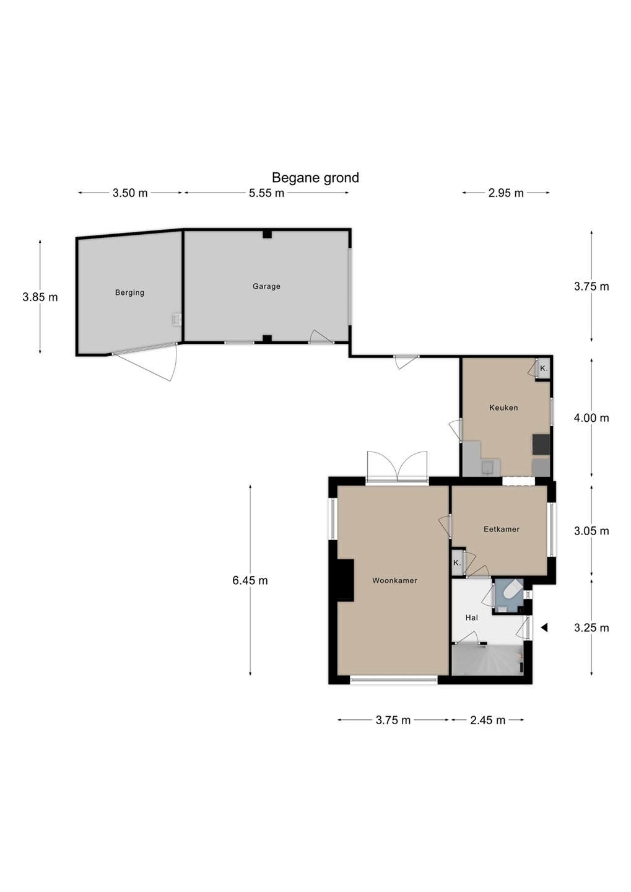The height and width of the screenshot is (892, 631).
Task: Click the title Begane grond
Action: point(315,178)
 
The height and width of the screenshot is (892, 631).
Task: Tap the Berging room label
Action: point(129,292)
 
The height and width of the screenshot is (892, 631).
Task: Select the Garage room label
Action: point(266,286)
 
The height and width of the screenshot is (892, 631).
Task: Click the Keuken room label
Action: point(503,408)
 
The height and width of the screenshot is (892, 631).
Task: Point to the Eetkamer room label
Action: point(502,529)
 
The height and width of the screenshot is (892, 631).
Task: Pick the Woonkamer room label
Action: point(394,580)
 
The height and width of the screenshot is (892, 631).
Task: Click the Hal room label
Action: point(472,618)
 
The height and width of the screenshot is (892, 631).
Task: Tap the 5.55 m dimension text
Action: point(266,193)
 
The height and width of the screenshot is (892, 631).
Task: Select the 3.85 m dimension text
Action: point(40,297)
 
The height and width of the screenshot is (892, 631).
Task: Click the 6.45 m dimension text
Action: point(250,580)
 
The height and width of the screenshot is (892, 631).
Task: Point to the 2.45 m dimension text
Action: point(488,720)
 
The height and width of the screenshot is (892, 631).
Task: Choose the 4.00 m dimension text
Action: point(591,418)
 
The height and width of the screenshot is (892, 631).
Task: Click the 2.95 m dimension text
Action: point(506,193)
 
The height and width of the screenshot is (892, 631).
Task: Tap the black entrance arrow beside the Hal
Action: point(544,627)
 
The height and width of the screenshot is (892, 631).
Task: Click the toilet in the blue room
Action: point(512,591)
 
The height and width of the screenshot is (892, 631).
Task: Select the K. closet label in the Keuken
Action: point(544,369)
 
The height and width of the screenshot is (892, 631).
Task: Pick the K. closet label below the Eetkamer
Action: point(457,563)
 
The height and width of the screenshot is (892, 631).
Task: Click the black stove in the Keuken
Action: point(541,445)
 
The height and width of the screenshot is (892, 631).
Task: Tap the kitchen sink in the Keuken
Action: point(489,468)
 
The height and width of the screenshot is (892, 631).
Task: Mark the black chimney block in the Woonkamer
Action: point(345,579)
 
